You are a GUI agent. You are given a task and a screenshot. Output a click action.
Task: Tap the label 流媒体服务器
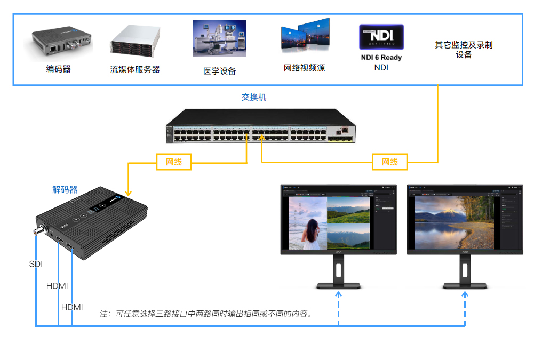[135, 69]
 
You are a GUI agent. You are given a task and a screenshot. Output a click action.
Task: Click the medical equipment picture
[219, 38]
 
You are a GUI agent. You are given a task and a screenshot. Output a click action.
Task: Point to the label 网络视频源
[304, 68]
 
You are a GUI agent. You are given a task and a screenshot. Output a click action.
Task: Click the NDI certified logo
[381, 37]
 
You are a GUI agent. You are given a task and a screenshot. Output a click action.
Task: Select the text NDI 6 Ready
[381, 58]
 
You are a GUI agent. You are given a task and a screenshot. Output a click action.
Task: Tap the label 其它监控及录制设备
[463, 50]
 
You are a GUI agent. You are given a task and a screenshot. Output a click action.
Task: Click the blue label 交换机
[254, 98]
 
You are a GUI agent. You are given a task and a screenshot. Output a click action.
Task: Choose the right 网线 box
[389, 162]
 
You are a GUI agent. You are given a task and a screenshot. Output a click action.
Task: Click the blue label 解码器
[65, 190]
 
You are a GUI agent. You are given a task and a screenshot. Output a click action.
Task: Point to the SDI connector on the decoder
[39, 231]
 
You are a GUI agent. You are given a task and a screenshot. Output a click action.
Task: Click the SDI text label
[36, 264]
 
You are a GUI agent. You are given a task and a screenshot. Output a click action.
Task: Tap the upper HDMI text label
[57, 286]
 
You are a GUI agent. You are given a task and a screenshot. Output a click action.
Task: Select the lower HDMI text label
[72, 307]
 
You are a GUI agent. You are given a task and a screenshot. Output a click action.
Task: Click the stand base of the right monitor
[463, 286]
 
